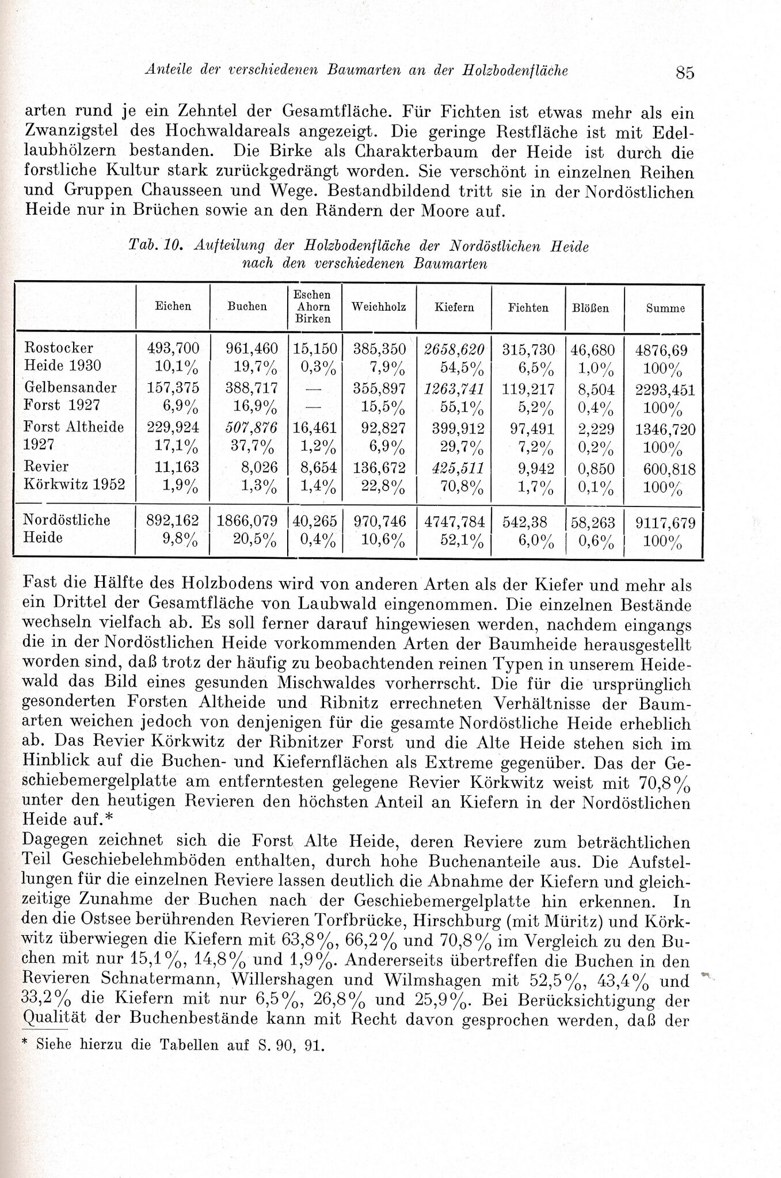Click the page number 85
coord(685,73)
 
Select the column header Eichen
coord(173,307)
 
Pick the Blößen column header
coord(590,308)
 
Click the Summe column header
coord(665,308)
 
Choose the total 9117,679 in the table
coord(665,523)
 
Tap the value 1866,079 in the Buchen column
coord(247,521)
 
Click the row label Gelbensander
coord(70,387)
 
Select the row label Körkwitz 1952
coord(74,484)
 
